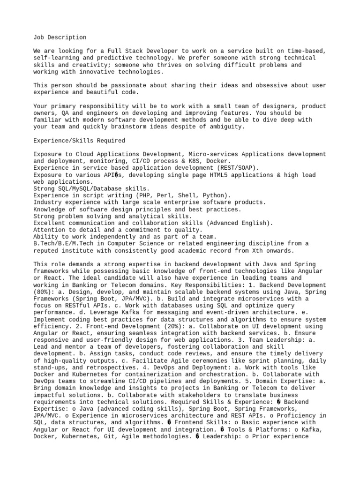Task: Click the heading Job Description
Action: [60, 37]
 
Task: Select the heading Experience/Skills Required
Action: [79, 141]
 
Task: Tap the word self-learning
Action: [55, 58]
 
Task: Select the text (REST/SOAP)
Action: [236, 168]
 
